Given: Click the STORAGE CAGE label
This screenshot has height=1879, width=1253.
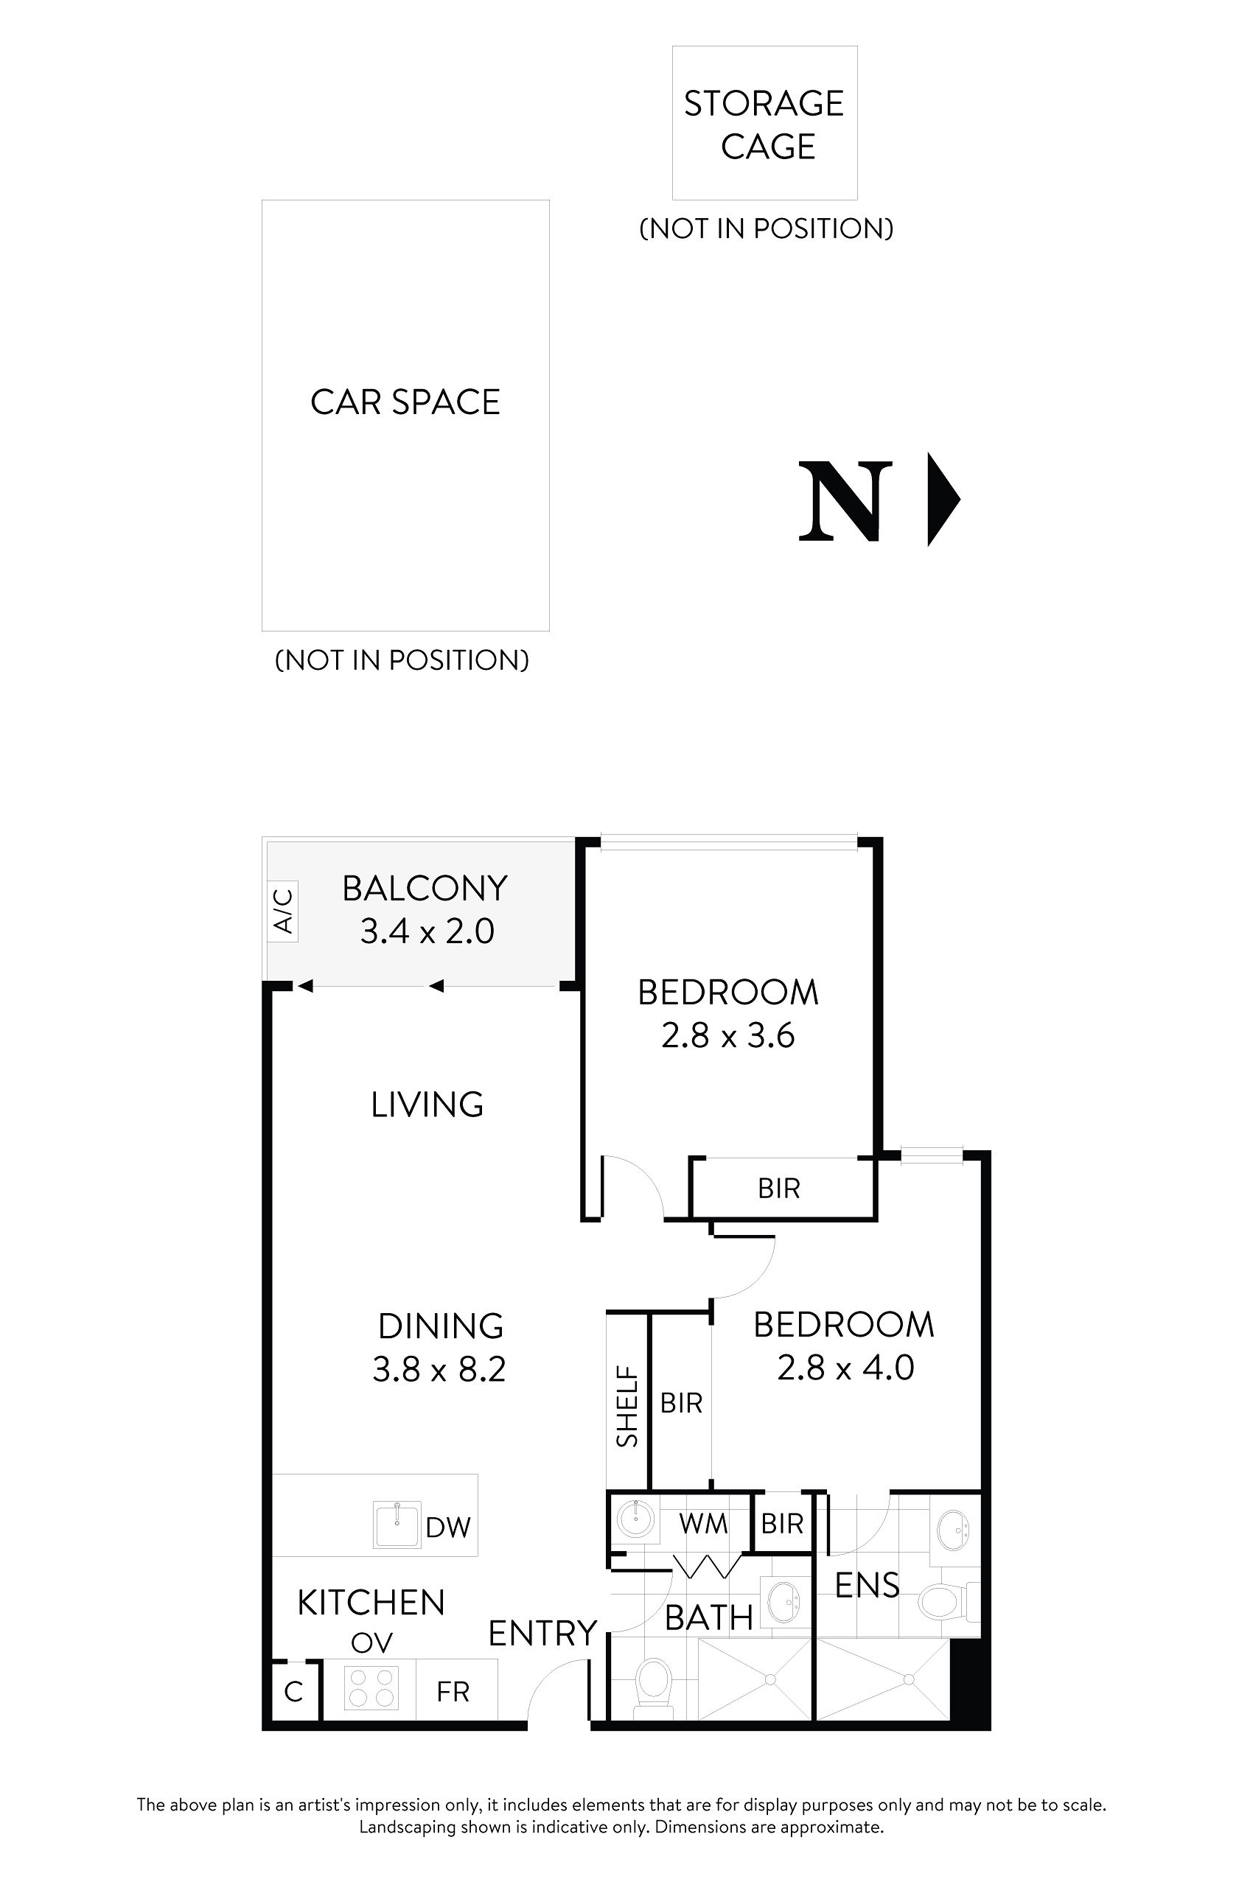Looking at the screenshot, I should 764,125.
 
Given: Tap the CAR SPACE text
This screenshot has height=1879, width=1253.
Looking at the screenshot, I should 405,402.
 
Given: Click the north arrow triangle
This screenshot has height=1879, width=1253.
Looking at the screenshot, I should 940,500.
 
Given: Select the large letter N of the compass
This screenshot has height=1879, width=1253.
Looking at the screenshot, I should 845,501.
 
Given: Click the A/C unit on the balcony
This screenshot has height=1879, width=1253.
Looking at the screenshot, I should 283,911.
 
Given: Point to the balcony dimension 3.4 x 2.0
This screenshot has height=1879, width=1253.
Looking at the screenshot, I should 427,931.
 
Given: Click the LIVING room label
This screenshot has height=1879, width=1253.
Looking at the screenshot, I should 427,1104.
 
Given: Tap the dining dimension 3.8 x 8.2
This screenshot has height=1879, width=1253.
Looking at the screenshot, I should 439,1369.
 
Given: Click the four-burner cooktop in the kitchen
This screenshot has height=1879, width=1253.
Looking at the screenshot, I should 371,1688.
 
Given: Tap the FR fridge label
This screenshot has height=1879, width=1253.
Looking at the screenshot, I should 453,1691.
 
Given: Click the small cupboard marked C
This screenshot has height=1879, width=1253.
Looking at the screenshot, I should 293,1691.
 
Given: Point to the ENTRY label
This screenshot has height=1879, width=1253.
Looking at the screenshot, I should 542,1634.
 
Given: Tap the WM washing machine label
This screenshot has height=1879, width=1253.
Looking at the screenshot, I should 703,1524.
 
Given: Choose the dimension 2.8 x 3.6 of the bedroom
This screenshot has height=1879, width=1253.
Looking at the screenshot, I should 727,1036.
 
